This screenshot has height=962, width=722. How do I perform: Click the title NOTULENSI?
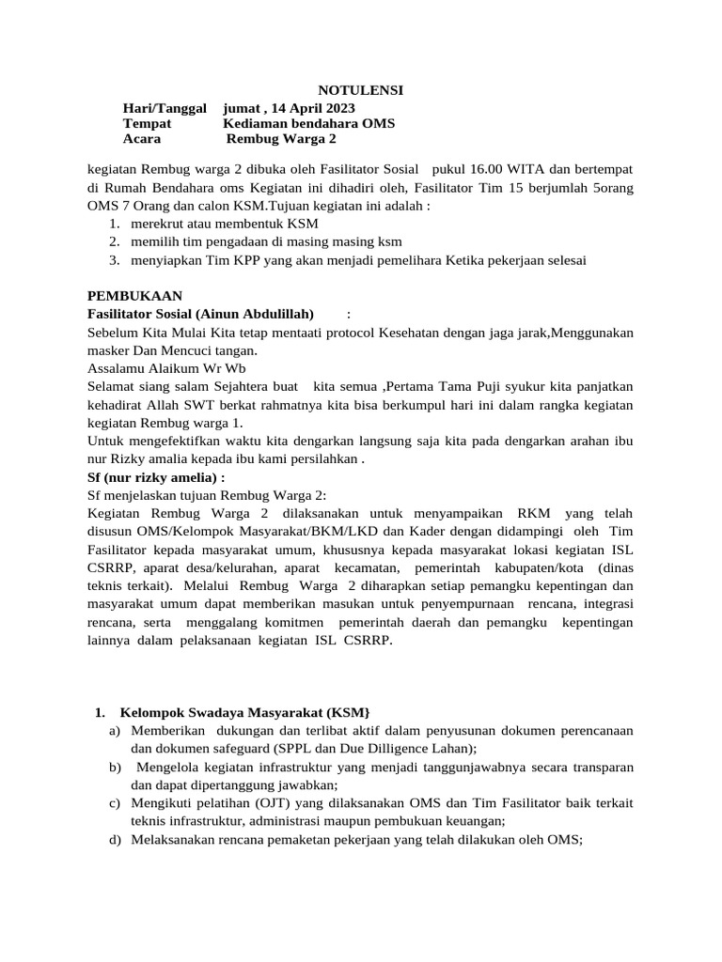pos(361,90)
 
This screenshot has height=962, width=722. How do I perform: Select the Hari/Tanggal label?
pos(165,107)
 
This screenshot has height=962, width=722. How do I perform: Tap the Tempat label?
pos(148,123)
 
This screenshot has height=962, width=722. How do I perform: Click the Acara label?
pos(142,139)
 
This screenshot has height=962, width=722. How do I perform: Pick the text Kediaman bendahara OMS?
pos(308,123)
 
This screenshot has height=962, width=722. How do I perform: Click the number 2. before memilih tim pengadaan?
pos(114,241)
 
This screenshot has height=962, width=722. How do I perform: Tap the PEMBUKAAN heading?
pos(134,295)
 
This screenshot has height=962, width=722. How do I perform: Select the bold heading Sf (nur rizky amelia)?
pos(155,477)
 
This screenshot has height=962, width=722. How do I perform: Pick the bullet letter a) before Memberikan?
pos(115,730)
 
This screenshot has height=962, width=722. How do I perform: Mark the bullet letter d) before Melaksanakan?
pos(115,841)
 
